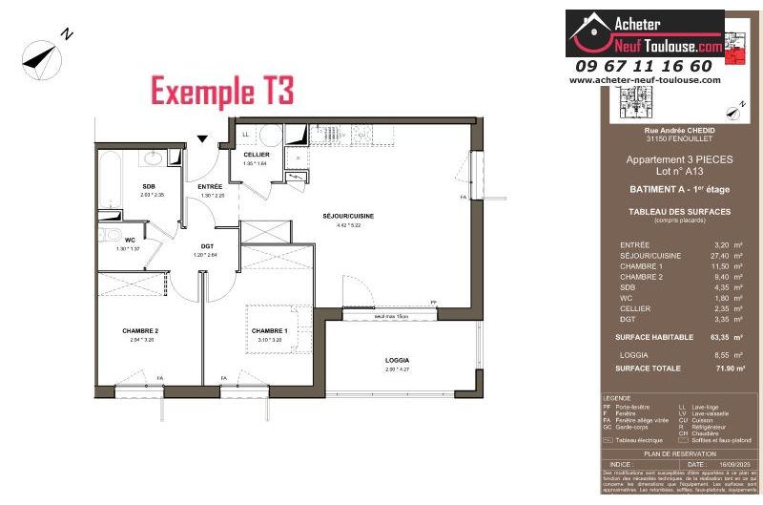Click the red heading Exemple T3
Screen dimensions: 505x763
click(222, 92)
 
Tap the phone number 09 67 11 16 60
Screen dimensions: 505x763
click(644, 66)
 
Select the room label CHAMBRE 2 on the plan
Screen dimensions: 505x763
click(139, 330)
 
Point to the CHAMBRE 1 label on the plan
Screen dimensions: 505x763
click(269, 330)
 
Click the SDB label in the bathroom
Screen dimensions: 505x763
click(150, 186)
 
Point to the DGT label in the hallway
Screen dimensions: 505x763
click(206, 246)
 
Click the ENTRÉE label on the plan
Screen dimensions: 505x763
click(210, 186)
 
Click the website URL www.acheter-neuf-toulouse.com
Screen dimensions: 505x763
click(645, 80)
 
